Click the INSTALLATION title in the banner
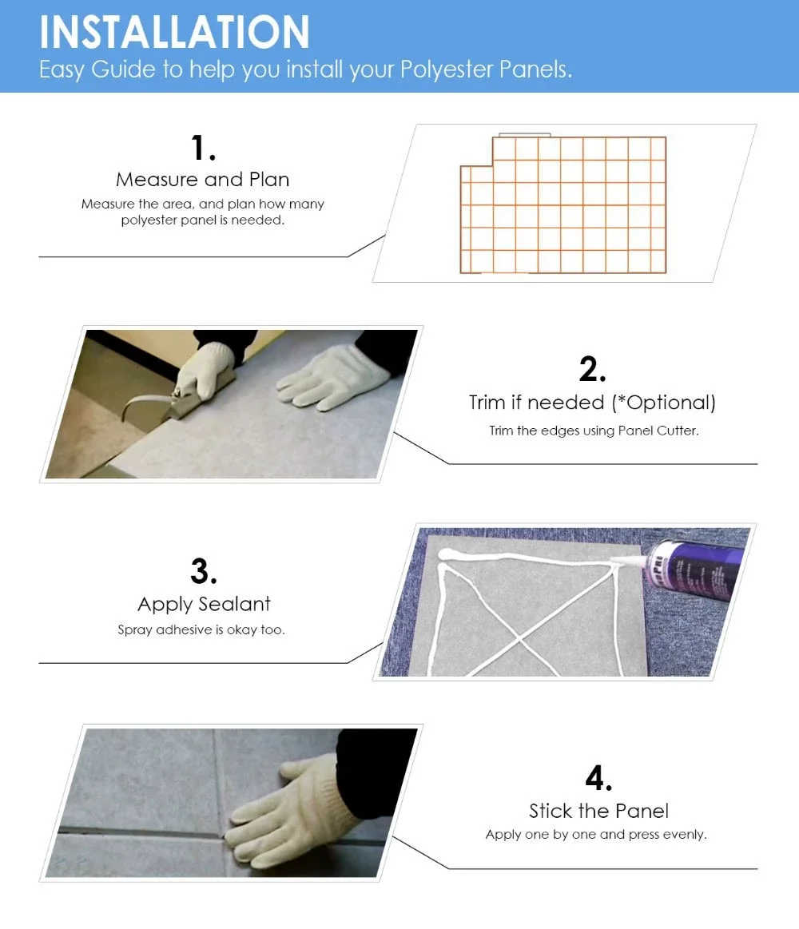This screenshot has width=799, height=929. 174,32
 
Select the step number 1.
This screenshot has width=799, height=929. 203,148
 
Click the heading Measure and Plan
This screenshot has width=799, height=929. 203,179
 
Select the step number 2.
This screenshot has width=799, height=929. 592,368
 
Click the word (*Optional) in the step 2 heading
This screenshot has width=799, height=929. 663,403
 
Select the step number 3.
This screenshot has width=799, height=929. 203,571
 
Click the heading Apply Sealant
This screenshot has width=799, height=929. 204,604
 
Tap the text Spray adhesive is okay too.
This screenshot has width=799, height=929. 201,629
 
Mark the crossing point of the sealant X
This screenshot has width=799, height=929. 520,639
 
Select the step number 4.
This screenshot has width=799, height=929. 598,778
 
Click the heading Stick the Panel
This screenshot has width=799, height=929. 598,811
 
